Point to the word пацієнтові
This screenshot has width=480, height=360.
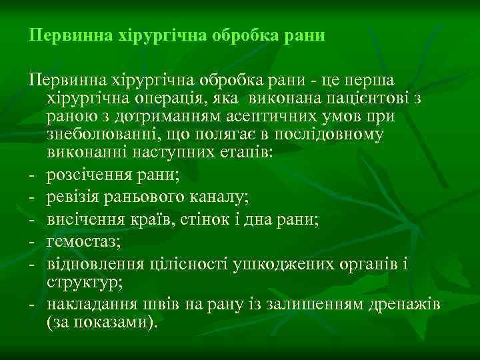tap(367, 99)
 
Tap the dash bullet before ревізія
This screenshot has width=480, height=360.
tap(32, 197)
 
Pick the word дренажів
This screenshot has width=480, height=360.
tap(411, 305)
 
